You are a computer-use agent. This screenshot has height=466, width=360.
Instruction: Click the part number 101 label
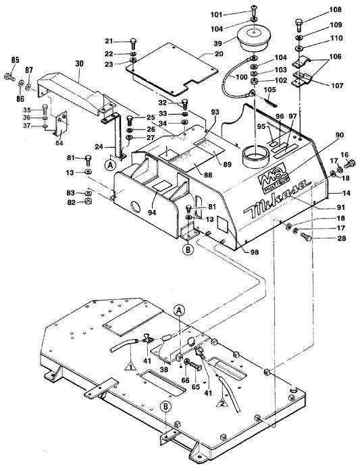(x=216, y=15)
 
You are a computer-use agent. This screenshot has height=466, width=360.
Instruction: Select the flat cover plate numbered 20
(x=172, y=69)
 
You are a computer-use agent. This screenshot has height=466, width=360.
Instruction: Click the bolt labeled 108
(x=299, y=25)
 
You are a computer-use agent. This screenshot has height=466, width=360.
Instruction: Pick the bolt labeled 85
(x=9, y=77)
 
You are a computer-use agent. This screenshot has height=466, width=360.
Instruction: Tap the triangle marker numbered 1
(x=130, y=366)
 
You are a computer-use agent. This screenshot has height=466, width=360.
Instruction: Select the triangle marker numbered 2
(x=222, y=403)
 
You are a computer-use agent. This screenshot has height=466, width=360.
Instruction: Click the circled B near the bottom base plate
(x=165, y=407)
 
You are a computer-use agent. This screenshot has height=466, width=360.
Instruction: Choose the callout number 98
(x=255, y=252)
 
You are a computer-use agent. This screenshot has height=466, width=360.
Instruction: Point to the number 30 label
(x=79, y=63)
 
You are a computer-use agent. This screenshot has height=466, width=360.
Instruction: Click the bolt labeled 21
(x=133, y=44)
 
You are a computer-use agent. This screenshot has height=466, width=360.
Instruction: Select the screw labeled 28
(x=306, y=236)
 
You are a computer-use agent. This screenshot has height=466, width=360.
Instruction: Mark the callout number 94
(x=153, y=213)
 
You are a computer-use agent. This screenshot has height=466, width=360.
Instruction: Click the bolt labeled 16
(x=350, y=163)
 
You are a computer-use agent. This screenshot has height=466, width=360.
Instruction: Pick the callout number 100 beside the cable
(x=241, y=77)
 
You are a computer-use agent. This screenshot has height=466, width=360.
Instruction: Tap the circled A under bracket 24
(x=110, y=165)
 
